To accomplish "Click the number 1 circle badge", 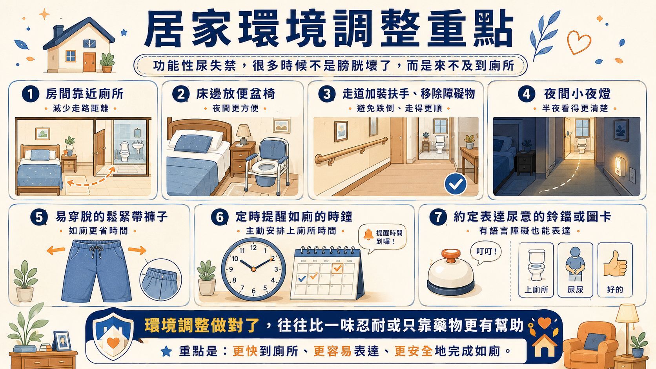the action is click(31, 94).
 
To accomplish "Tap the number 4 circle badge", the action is click(526, 94).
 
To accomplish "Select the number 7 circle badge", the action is click(438, 217).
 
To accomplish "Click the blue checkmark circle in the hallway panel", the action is click(456, 184).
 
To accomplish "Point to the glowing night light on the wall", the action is click(620, 166).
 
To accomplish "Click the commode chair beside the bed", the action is click(266, 165).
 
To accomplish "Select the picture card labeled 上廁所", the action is click(536, 270).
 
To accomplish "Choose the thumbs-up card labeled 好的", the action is click(615, 270).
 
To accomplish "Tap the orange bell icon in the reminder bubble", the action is click(368, 234).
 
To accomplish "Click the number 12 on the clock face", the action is click(253, 248).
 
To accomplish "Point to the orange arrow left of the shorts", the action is click(56, 250).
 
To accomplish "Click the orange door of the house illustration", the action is click(89, 62).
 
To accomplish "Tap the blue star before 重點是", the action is click(166, 351).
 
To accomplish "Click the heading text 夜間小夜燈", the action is click(577, 94).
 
